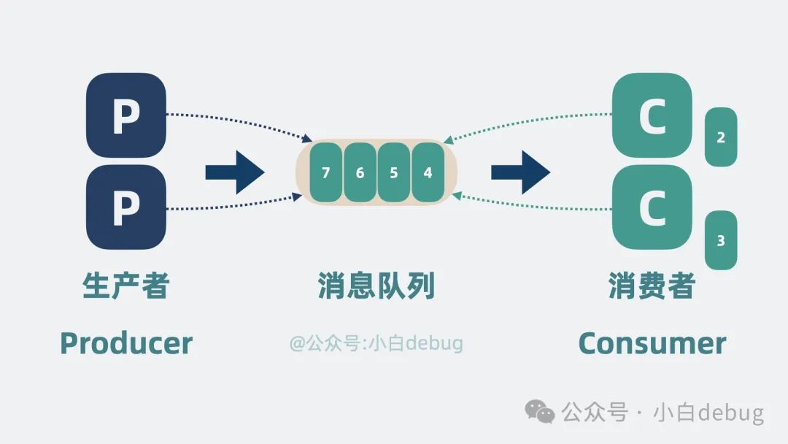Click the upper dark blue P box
point(126,115)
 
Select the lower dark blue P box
point(126,207)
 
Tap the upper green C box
point(652,115)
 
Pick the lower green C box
point(652,207)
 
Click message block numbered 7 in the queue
point(325,173)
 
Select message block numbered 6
point(360,173)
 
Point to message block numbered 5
point(394,173)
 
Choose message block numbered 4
point(428,173)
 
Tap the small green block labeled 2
point(721,137)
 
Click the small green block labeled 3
point(721,240)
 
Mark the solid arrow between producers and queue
point(234,173)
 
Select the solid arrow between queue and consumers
point(520,173)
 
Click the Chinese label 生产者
point(126,286)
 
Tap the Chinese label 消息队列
point(376,286)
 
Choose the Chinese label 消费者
point(652,286)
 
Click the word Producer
point(126,343)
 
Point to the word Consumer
point(652,343)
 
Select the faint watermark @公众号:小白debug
point(376,343)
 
